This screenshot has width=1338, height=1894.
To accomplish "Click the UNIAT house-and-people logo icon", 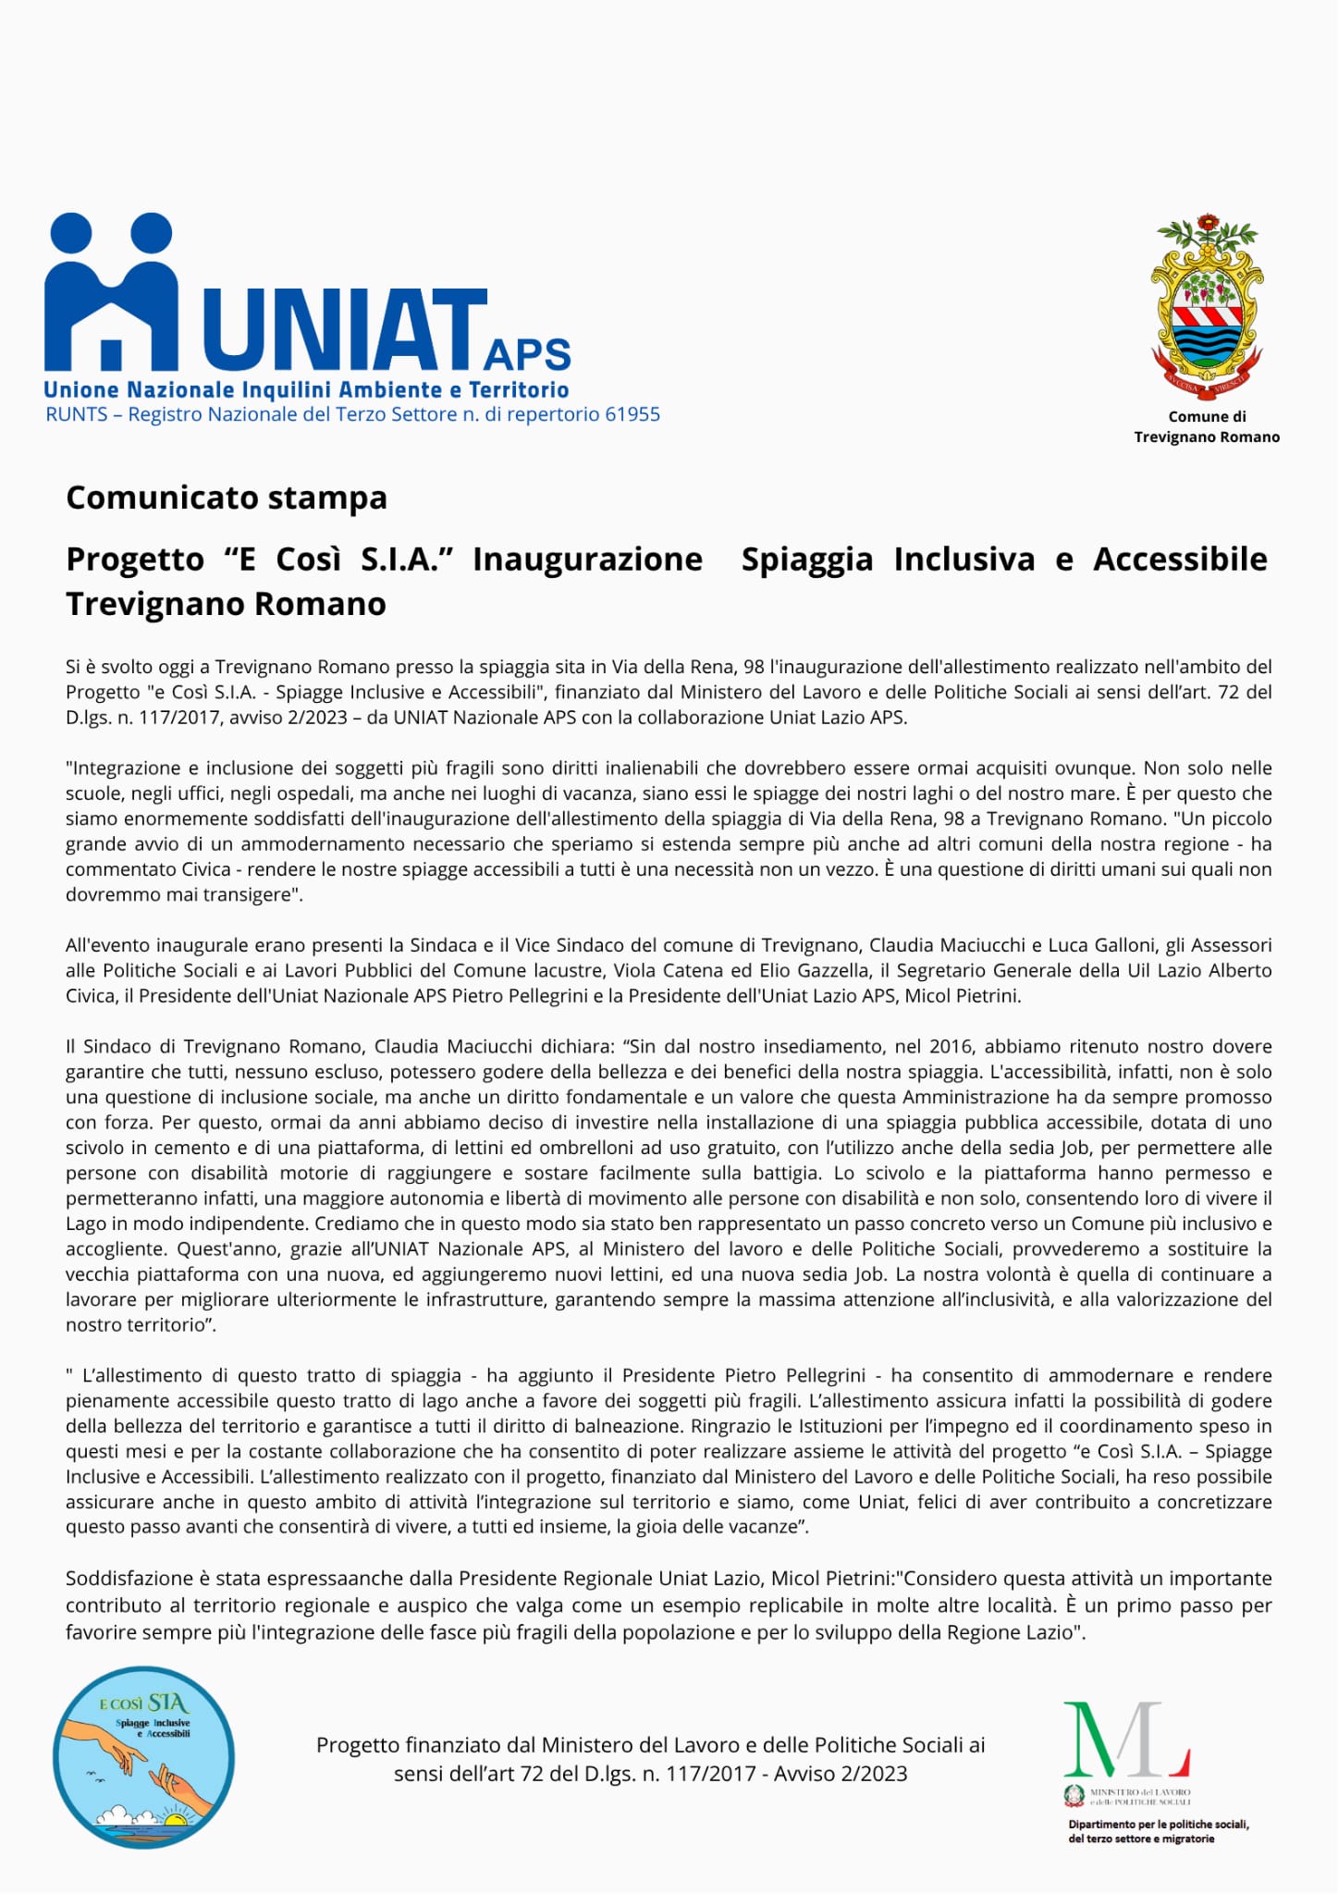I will [x=111, y=292].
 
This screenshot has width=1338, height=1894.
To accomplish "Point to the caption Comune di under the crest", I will [x=1207, y=417].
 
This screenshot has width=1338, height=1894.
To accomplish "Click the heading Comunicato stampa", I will [x=227, y=498].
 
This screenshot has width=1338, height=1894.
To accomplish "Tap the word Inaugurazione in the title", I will [x=587, y=560].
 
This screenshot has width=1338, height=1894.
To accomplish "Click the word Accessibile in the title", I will [x=1180, y=560].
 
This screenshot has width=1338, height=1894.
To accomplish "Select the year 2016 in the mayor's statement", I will [x=952, y=1046].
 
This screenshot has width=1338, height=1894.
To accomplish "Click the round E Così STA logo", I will [x=143, y=1758].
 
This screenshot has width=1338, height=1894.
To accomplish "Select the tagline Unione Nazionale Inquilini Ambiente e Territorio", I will [x=306, y=390].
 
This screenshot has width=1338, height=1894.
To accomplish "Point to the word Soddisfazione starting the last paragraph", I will [x=129, y=1578].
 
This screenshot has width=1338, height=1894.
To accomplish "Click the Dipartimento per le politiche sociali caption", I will [x=1159, y=1831].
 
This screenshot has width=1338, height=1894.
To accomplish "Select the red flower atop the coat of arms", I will [x=1207, y=225].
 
